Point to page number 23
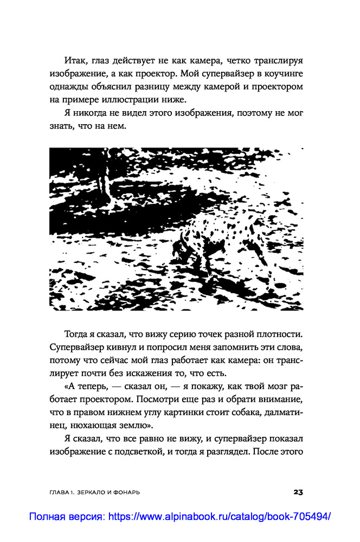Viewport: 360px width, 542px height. [298, 492]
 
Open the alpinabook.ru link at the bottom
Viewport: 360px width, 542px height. [179, 517]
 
